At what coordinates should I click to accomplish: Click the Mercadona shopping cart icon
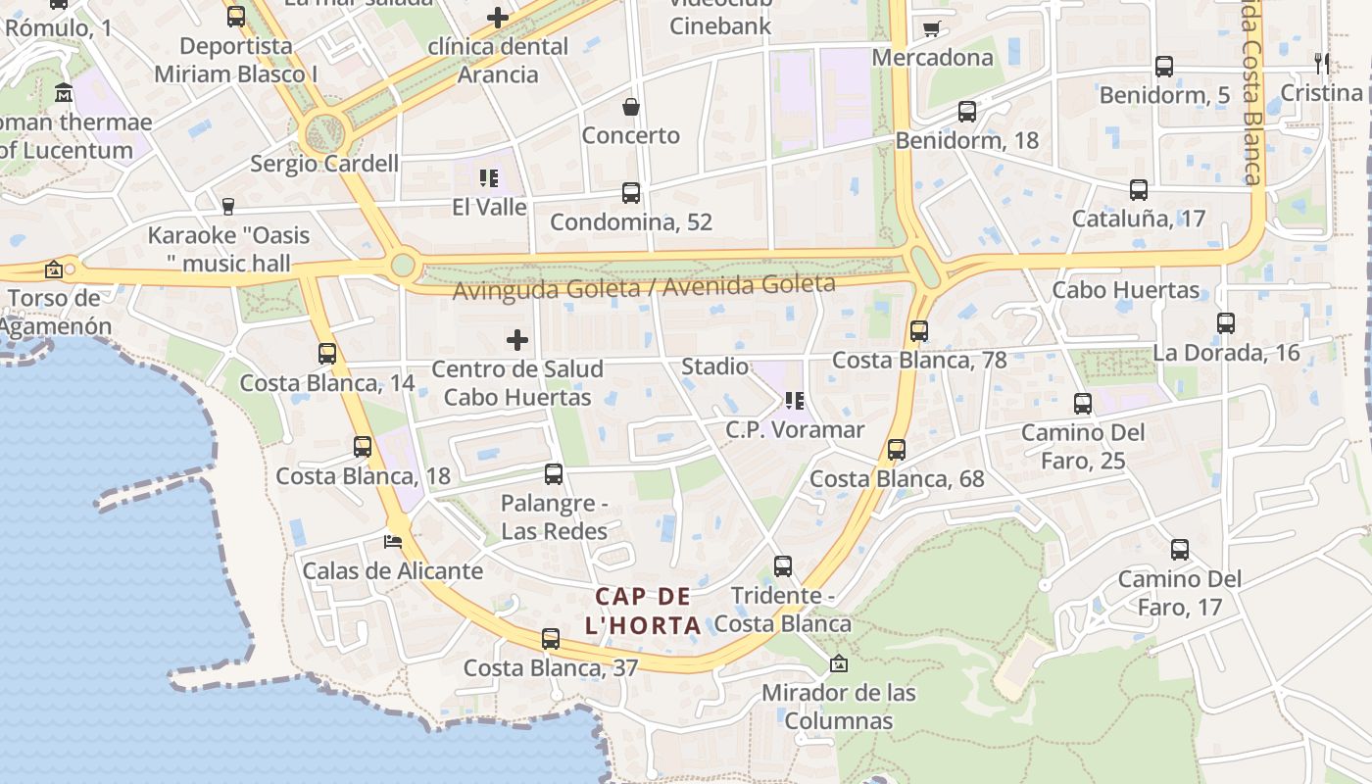coord(931,28)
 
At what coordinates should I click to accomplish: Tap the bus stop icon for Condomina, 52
coord(631,193)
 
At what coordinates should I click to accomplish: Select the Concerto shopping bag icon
coord(631,106)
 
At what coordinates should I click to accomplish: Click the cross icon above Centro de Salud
coord(517,340)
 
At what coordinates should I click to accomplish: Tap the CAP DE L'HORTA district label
coord(643,611)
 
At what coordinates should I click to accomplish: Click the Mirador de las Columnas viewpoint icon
coord(839,663)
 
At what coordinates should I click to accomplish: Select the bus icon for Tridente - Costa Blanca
coord(782,565)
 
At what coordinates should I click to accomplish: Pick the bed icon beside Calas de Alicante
coord(393,541)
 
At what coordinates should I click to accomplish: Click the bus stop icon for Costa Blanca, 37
coord(551,639)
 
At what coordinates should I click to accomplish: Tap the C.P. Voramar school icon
coord(795,400)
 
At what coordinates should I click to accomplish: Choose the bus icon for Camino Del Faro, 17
coord(1180,550)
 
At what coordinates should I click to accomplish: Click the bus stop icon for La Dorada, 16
coord(1225,323)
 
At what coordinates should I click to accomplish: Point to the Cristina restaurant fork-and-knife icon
coord(1322,64)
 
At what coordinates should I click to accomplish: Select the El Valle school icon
coord(489,177)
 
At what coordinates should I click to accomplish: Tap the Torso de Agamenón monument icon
coord(54,269)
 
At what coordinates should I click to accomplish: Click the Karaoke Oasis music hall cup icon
coord(228,206)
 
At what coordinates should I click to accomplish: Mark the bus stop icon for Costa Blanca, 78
coord(918,331)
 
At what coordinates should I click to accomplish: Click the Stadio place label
coord(714,367)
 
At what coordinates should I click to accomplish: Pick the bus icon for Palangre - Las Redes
coord(554,474)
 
